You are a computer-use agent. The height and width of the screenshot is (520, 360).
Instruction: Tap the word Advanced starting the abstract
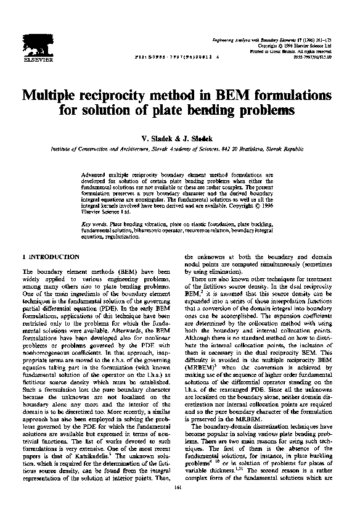click(95, 175)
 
